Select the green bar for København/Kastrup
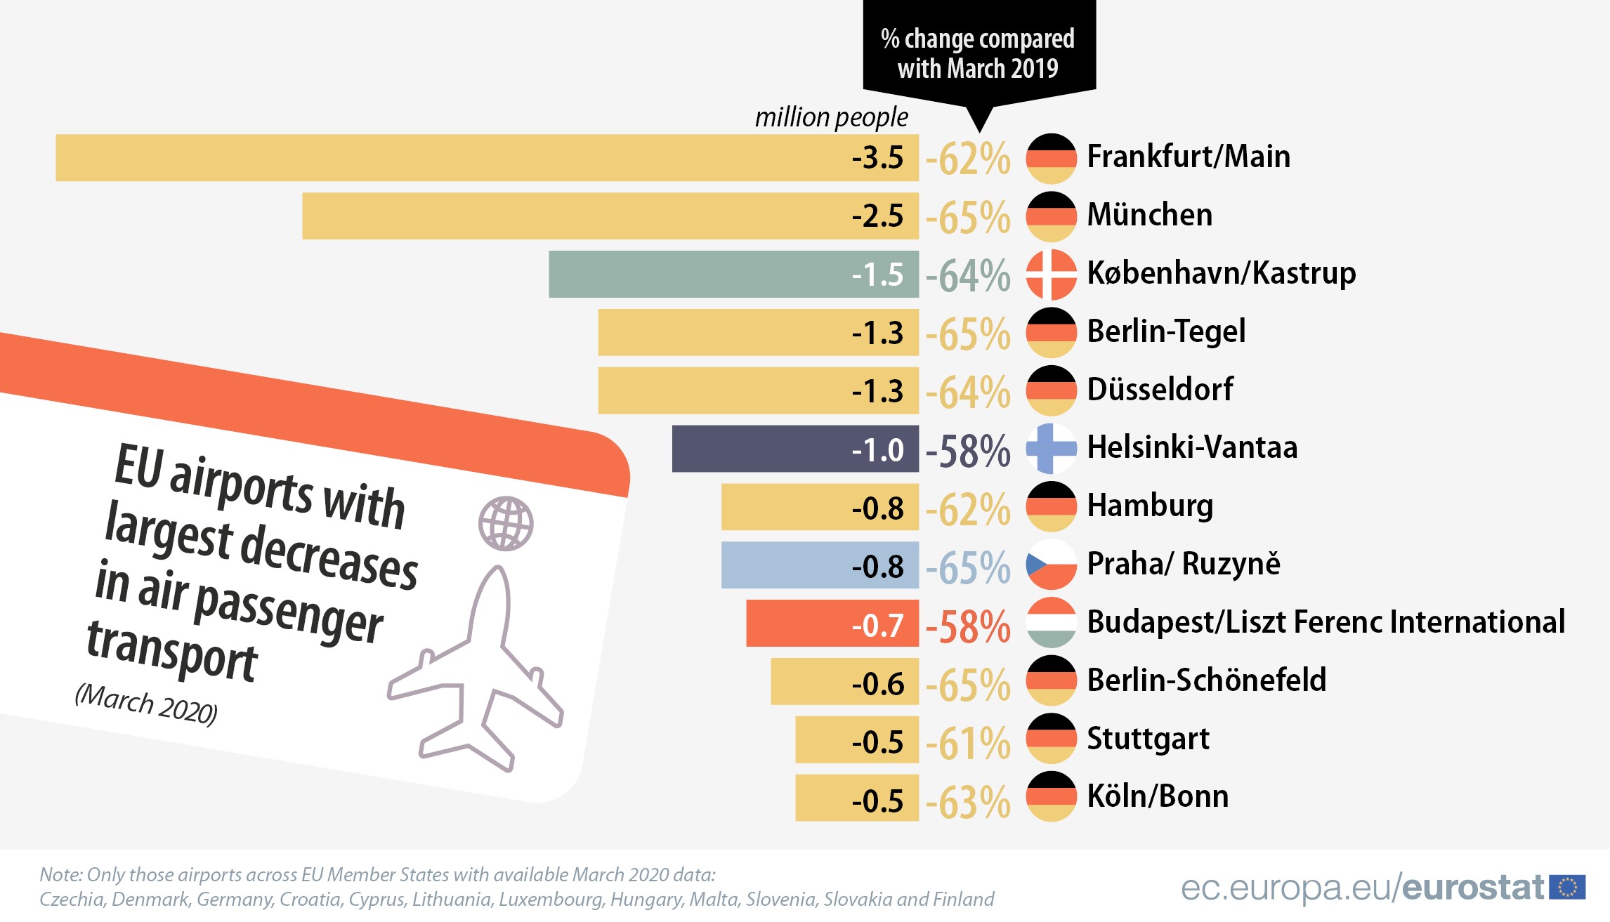click(x=733, y=274)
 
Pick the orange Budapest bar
click(x=832, y=624)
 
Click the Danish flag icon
click(x=1051, y=274)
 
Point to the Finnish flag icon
click(x=1051, y=448)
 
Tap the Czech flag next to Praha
click(x=1051, y=565)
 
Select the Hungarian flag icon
click(x=1051, y=623)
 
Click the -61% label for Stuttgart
click(x=968, y=743)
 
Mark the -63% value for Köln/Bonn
click(x=968, y=801)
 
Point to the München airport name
click(x=1150, y=215)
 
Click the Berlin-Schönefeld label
click(x=1207, y=680)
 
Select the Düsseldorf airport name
click(x=1160, y=389)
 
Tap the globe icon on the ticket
click(x=506, y=524)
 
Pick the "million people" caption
click(x=831, y=117)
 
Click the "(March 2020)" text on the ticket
click(x=146, y=704)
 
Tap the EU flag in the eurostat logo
click(x=1567, y=888)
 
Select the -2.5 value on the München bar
click(x=877, y=216)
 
